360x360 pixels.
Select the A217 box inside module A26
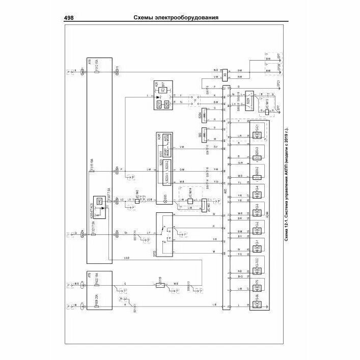point(160,103)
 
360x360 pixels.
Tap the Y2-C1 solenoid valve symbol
point(258,134)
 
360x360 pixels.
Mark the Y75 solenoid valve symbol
point(258,285)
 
